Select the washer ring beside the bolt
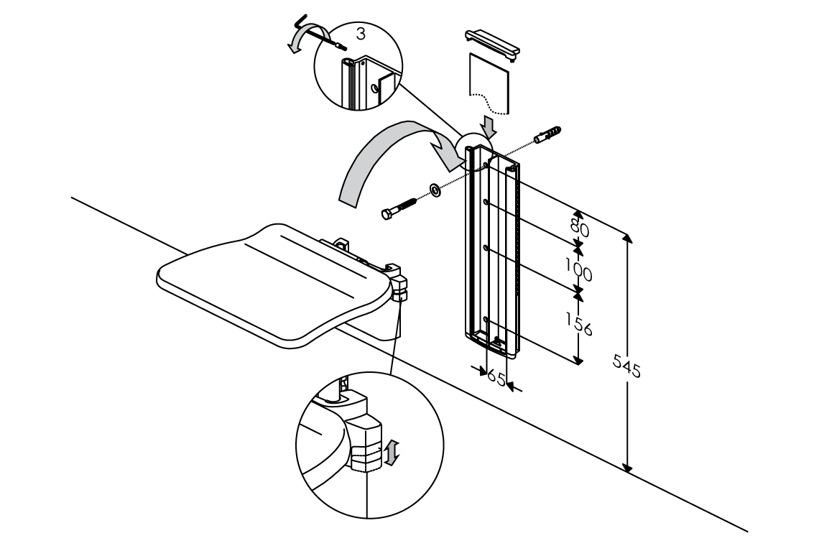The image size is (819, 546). point(435,190)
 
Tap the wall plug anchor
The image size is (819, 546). point(547,135)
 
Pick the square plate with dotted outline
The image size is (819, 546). point(489,82)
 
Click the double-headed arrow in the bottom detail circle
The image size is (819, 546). point(389,453)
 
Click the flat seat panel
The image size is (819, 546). point(273,280)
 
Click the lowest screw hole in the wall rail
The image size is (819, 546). point(486,318)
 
